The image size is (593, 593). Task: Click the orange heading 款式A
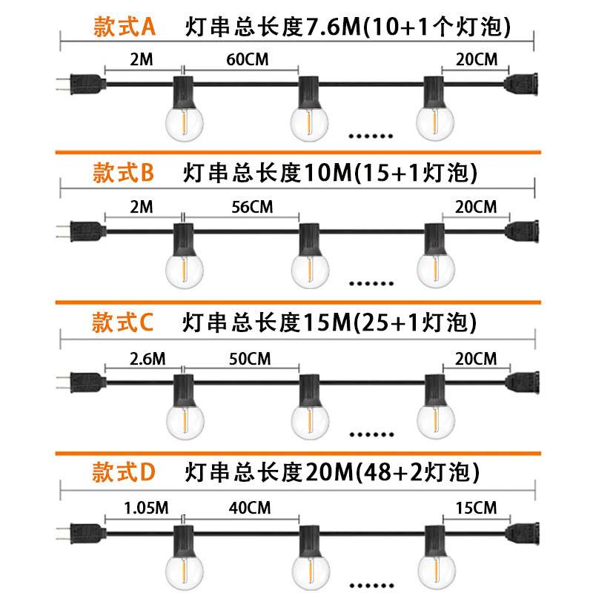(x=124, y=27)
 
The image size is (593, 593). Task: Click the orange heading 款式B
(x=123, y=173)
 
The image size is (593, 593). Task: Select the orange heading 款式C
(x=123, y=322)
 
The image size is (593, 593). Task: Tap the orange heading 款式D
(x=123, y=471)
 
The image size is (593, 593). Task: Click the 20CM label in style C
(x=475, y=359)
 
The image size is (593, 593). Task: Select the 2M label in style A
(x=141, y=60)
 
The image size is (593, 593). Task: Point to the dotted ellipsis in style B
(x=371, y=282)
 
